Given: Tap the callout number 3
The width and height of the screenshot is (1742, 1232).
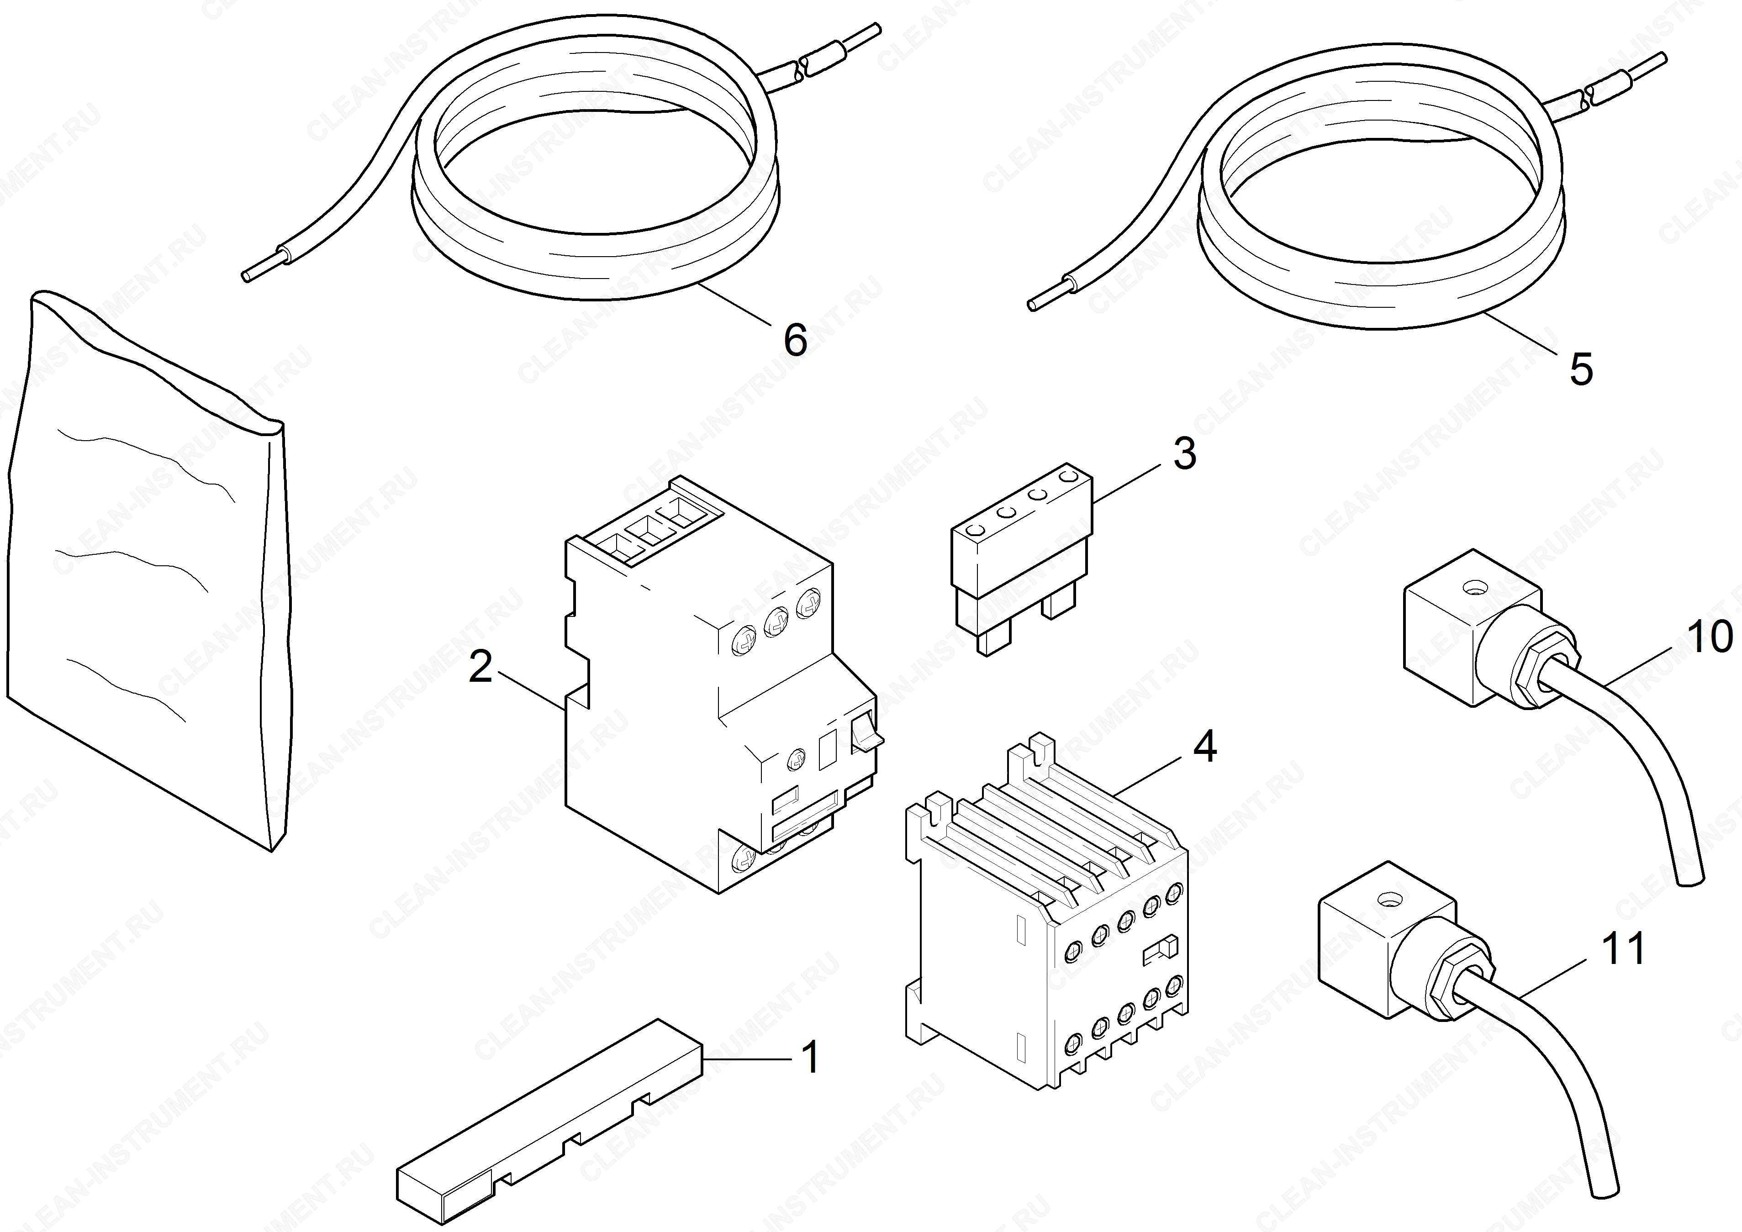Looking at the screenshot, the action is [x=1184, y=453].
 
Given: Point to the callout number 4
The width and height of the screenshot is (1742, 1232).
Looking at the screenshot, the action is [x=1205, y=747].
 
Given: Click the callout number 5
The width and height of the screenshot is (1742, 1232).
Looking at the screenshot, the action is [x=1581, y=369].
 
